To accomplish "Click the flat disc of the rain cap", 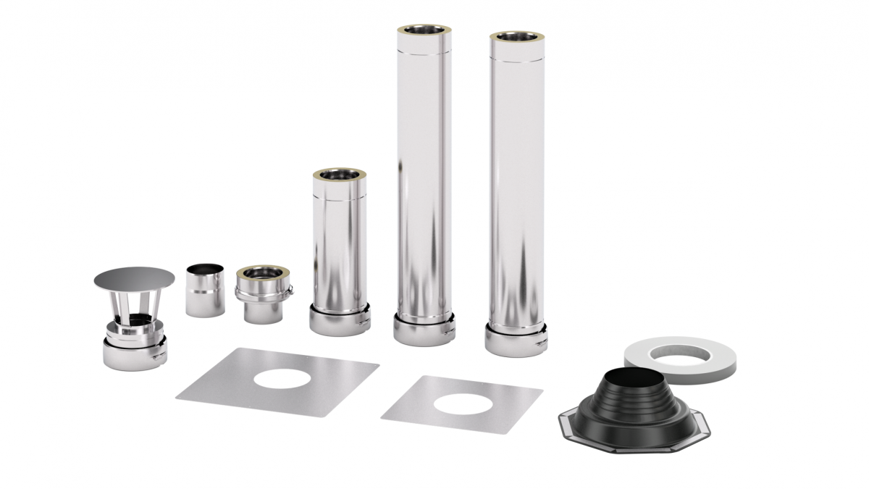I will [134, 278].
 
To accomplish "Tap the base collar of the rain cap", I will [135, 354].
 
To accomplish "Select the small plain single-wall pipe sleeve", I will [205, 291].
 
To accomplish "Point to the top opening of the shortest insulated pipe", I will [339, 175].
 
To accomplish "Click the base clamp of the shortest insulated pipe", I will [340, 320].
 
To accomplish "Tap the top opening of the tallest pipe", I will [424, 31].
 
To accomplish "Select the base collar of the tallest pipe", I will [424, 330].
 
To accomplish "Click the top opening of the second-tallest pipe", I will [516, 37].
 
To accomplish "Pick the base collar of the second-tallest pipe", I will [516, 340].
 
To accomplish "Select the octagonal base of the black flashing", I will [572, 425].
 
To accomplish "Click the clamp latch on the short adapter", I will [289, 292].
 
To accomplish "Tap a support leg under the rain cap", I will [116, 309].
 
